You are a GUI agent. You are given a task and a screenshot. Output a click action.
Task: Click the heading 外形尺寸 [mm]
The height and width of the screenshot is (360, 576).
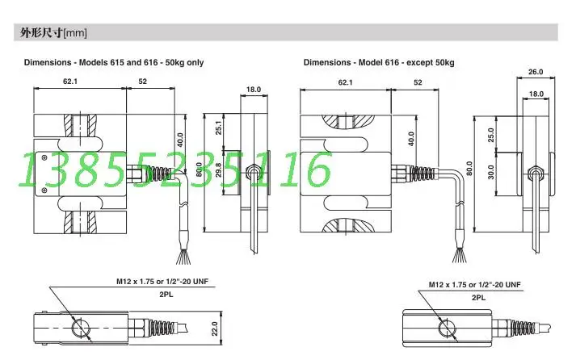point(52,33)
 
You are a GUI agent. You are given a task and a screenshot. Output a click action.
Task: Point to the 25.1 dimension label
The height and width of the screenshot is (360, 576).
point(219,129)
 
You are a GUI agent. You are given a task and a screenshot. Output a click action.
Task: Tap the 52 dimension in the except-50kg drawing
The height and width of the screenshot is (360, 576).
point(418,82)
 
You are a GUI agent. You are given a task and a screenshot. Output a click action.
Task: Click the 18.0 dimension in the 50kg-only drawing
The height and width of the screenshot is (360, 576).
point(253,89)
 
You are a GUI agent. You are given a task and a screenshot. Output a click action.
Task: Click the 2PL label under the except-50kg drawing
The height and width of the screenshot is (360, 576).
point(478,297)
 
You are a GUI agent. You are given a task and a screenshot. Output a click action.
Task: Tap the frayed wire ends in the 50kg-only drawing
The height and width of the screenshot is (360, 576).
point(182,257)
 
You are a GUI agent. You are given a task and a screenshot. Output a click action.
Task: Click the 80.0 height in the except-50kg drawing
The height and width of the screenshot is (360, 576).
point(468,169)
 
